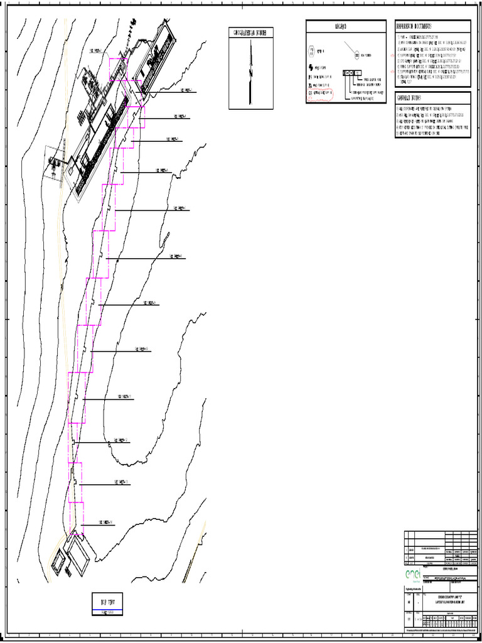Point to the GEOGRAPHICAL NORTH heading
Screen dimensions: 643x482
point(251,33)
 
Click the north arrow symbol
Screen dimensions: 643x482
point(251,69)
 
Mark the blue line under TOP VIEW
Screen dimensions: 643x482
point(108,610)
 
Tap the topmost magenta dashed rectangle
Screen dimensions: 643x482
point(119,69)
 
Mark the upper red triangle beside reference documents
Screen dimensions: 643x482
point(394,53)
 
